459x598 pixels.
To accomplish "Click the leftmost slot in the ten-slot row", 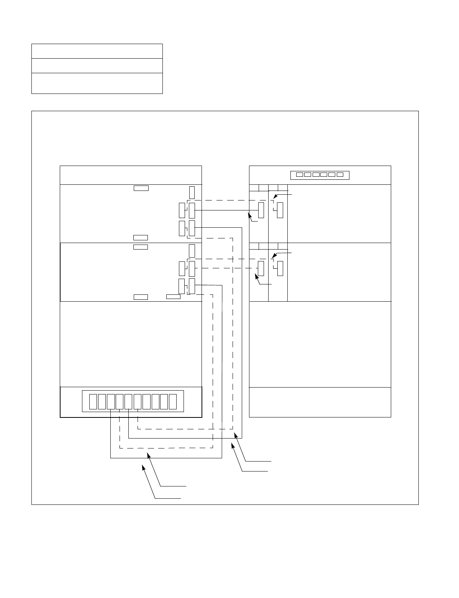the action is [93, 401].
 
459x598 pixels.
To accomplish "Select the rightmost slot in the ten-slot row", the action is [173, 401].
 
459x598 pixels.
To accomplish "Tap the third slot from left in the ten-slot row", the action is [111, 401].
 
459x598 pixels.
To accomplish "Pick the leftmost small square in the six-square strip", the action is [300, 175].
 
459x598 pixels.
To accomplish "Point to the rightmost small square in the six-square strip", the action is [340, 175].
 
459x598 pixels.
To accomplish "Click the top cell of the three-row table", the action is [97, 51].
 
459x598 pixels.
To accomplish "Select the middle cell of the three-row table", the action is [97, 66].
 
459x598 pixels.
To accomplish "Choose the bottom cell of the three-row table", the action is [97, 83].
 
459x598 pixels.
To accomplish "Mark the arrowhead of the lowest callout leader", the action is [143, 466].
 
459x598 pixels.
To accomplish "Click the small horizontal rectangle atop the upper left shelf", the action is [141, 188].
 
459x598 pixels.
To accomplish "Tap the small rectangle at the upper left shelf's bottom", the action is [141, 238].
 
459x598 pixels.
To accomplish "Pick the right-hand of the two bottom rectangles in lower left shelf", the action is [173, 297].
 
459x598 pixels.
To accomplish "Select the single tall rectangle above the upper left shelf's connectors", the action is [192, 192].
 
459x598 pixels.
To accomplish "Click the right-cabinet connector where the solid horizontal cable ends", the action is [261, 210].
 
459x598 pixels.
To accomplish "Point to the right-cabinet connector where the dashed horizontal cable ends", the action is [261, 268].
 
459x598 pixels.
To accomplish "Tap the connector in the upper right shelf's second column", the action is [280, 210].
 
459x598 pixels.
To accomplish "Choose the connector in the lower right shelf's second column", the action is [280, 268].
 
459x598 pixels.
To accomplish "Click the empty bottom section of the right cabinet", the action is [320, 402].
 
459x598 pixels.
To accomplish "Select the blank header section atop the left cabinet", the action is [131, 175].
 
